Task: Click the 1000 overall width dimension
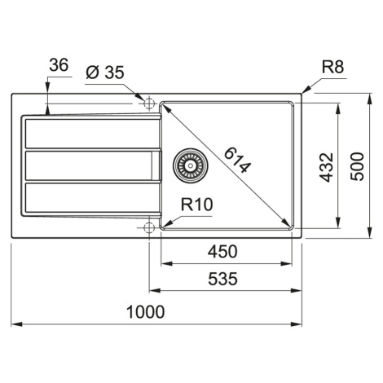pos(146,312)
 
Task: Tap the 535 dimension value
pos(222,279)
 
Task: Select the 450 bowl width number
pos(222,252)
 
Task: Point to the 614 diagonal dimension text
pos(237,160)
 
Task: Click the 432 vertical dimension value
pos(326,167)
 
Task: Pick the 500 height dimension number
pos(357,167)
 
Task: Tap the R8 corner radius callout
pos(332,67)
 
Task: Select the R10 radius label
pos(197,205)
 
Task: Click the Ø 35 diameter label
pos(105,73)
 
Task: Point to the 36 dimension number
pos(59,65)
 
